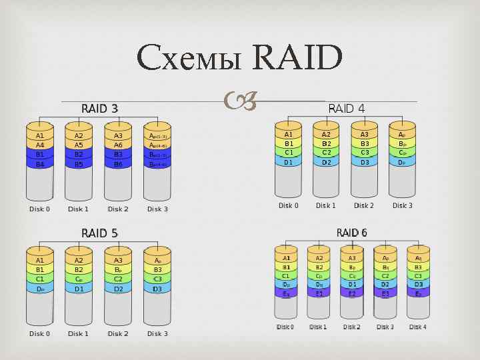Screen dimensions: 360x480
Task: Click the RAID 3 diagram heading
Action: coord(99,108)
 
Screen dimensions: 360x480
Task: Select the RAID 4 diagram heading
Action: coord(347,108)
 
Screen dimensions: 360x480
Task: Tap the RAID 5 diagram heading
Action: coord(99,233)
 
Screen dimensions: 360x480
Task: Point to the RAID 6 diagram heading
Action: coord(352,232)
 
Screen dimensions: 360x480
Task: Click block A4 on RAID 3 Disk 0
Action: coord(40,145)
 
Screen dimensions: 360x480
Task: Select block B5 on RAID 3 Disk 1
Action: coord(79,163)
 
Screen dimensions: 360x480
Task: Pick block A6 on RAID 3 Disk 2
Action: coord(118,145)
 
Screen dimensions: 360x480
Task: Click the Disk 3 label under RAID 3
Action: coord(157,209)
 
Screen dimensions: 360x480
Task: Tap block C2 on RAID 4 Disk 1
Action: coord(326,152)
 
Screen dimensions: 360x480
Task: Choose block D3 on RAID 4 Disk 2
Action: coord(364,161)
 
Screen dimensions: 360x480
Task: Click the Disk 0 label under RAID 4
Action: coord(288,205)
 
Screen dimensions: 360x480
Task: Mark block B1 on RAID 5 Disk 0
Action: coord(40,269)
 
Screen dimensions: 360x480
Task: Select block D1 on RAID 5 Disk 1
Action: coord(79,289)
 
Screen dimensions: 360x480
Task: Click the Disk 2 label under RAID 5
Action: coord(118,333)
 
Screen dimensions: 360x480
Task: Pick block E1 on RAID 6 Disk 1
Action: coord(319,293)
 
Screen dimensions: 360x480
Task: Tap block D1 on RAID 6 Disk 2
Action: coord(352,284)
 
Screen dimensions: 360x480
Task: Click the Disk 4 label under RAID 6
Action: coord(418,327)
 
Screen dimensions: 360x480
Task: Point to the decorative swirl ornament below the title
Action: coord(240,101)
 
